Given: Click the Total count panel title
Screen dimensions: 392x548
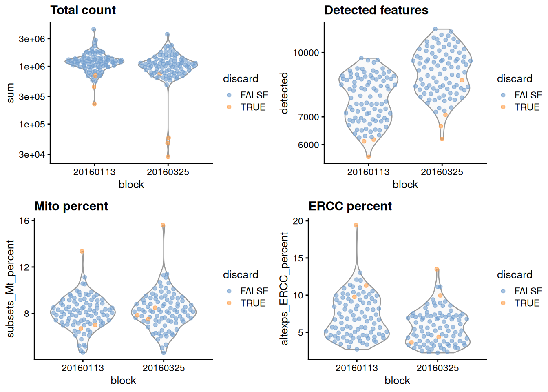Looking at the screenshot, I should point(83,10).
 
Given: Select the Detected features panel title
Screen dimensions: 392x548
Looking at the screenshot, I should point(376,10).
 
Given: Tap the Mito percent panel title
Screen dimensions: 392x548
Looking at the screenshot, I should point(71,206).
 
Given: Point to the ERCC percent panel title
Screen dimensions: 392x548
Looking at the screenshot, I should point(350,206).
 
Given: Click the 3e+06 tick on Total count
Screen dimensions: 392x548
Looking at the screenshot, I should point(32,39).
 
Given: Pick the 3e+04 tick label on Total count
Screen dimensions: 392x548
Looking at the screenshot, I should point(32,154).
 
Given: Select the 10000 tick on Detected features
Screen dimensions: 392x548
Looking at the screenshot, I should point(306,53).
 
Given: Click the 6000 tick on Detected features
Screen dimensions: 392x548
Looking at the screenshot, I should point(309,145).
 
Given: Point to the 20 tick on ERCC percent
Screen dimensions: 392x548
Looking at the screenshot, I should point(298,221).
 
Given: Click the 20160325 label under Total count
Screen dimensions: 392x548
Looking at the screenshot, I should point(168,172).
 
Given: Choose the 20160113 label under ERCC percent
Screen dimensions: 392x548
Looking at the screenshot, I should point(356,368).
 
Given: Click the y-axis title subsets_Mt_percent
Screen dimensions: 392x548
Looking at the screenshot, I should point(10,289).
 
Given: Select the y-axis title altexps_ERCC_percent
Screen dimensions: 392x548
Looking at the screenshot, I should point(284,289).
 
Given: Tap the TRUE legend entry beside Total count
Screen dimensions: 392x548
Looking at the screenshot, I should point(253,107).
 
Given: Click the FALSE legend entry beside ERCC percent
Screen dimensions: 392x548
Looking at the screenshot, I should point(528,291).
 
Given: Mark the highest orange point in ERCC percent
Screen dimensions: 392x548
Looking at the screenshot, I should point(356,225).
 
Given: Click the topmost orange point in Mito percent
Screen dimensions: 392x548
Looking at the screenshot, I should point(163,225).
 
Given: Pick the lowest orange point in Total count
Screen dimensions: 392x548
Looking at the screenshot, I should point(168,157).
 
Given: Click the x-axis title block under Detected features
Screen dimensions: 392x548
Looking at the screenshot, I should point(405,185).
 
